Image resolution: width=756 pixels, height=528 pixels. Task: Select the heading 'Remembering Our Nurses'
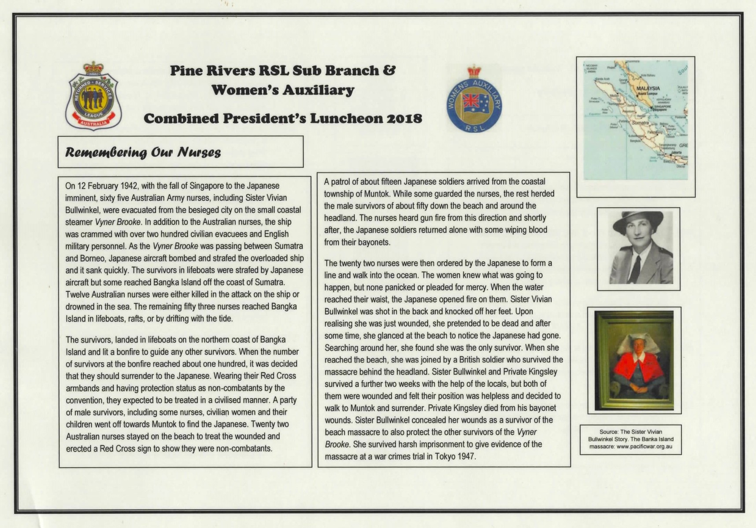(x=143, y=152)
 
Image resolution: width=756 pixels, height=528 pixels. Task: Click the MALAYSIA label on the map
(x=648, y=88)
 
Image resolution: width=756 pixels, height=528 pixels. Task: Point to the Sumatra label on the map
(x=640, y=123)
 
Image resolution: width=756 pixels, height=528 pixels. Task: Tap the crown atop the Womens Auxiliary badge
(x=474, y=71)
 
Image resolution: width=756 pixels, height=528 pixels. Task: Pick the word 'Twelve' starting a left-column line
(x=78, y=294)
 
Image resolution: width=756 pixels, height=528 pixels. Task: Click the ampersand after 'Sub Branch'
(x=389, y=70)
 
